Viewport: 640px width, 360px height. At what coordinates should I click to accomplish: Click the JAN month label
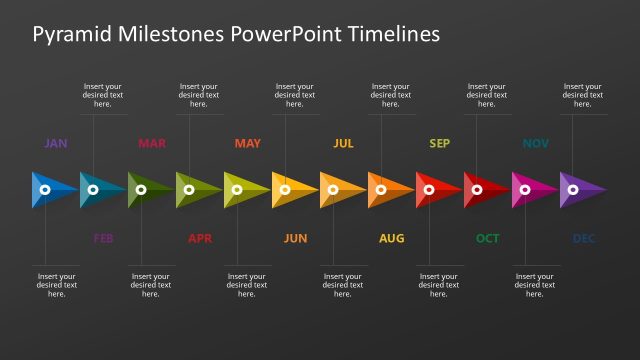point(55,143)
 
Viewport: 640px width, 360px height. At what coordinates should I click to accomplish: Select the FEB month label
point(103,238)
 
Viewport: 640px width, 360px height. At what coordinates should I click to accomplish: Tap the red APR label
point(200,238)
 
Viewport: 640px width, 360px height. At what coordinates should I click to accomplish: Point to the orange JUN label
point(295,238)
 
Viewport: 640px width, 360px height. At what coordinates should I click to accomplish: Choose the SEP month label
point(439,143)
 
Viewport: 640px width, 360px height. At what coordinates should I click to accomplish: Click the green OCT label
point(487,238)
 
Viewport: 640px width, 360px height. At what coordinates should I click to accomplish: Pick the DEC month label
point(584,238)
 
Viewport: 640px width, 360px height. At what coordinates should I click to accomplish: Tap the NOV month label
point(535,143)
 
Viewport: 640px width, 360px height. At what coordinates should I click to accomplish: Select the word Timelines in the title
point(393,35)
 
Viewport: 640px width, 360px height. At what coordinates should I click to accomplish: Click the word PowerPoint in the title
point(286,35)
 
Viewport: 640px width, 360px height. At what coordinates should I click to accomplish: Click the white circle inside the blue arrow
point(45,189)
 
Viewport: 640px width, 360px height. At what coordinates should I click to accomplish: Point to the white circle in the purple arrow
point(573,189)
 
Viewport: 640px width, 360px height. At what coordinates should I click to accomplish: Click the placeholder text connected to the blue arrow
point(56,285)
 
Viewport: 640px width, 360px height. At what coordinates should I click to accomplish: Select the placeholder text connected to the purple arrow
point(582,95)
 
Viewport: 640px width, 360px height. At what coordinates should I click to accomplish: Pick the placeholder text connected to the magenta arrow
point(534,285)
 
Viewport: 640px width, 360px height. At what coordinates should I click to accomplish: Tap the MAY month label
point(247,143)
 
